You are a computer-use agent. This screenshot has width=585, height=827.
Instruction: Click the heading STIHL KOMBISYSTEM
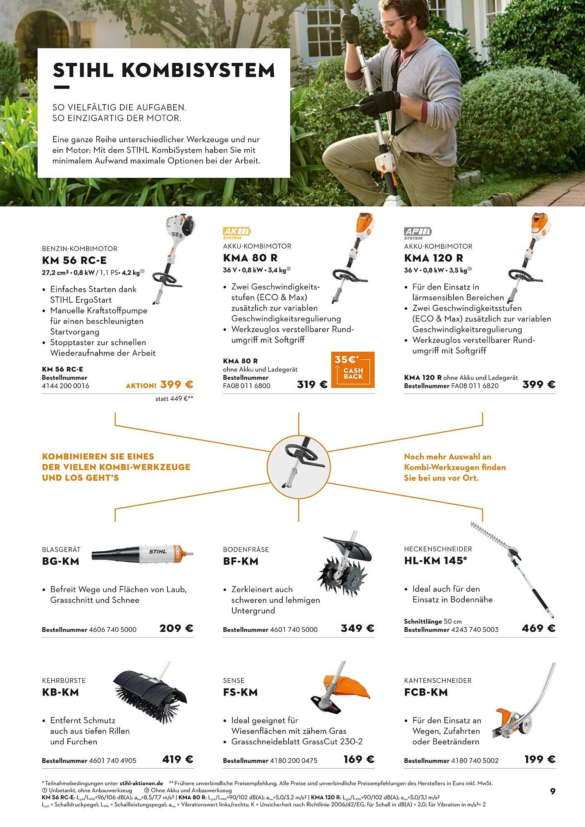[x=164, y=70]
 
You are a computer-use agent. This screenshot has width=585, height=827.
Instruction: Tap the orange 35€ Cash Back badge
[x=353, y=369]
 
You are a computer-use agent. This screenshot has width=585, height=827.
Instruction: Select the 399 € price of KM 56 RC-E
[x=177, y=385]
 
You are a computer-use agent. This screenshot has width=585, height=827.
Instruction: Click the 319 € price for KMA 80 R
[x=312, y=385]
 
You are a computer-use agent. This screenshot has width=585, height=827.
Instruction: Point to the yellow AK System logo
[x=236, y=233]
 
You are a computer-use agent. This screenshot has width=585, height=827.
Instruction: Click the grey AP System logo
[x=418, y=233]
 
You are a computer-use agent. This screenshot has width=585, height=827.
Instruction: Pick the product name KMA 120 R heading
[x=433, y=258]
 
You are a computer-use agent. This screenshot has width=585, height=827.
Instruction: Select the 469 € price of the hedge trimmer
[x=538, y=628]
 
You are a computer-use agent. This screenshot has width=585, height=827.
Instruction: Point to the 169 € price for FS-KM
[x=359, y=759]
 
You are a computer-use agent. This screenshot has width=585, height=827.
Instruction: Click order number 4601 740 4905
[x=112, y=760]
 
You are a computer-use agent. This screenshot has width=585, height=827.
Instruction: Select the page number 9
[x=553, y=791]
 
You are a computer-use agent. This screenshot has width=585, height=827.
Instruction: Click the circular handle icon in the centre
[x=298, y=462]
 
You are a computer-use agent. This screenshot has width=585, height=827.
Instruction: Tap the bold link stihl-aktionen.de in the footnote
[x=141, y=783]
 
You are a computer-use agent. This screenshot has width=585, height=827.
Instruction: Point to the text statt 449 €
[x=174, y=399]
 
